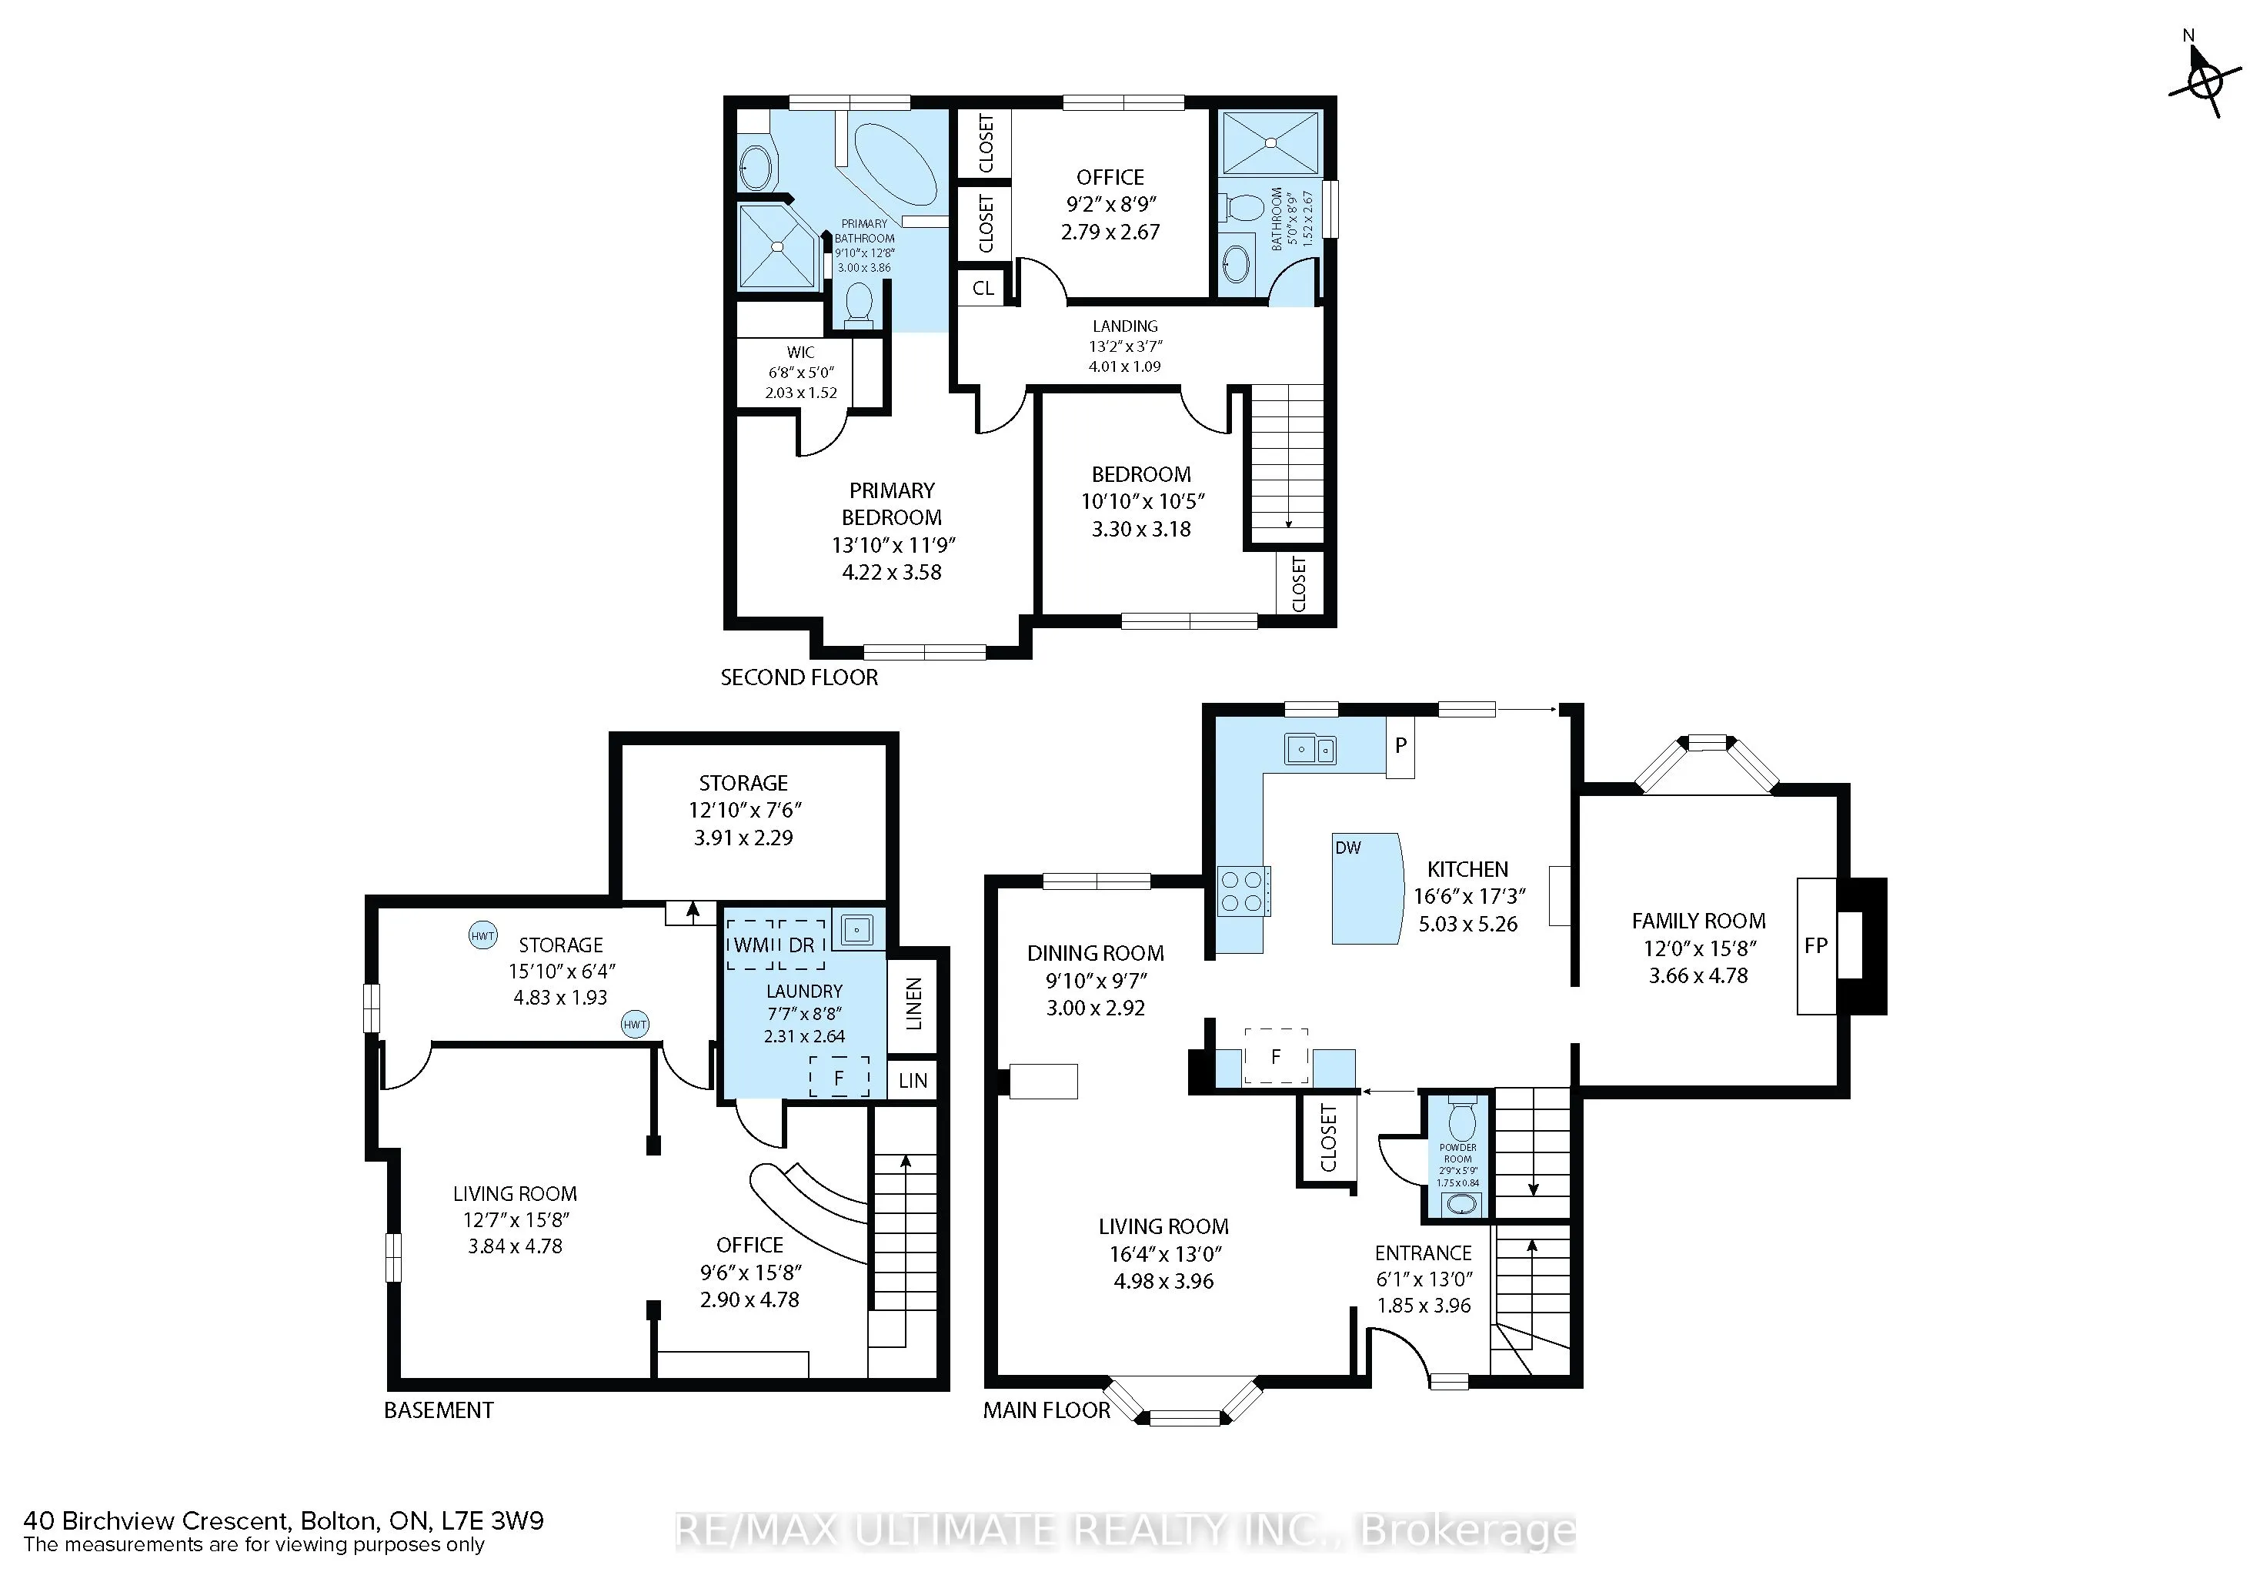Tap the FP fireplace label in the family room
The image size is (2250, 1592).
[x=1815, y=945]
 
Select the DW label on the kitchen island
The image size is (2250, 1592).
[x=1347, y=847]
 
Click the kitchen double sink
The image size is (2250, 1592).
[x=1310, y=750]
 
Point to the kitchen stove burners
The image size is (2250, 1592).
[x=1242, y=892]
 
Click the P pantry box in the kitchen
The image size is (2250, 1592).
[x=1400, y=746]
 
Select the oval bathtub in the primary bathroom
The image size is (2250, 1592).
[x=895, y=162]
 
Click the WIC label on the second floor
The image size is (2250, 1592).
[x=800, y=352]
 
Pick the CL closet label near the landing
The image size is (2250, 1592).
[x=983, y=288]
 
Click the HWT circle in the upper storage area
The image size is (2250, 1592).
[x=482, y=935]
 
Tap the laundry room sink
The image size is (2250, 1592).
[x=857, y=928]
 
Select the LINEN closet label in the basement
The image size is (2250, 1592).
[x=913, y=1003]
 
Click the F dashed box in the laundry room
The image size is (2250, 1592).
[x=839, y=1077]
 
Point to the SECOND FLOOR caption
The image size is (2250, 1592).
[x=799, y=677]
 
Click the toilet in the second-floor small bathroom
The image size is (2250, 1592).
[x=1243, y=208]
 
